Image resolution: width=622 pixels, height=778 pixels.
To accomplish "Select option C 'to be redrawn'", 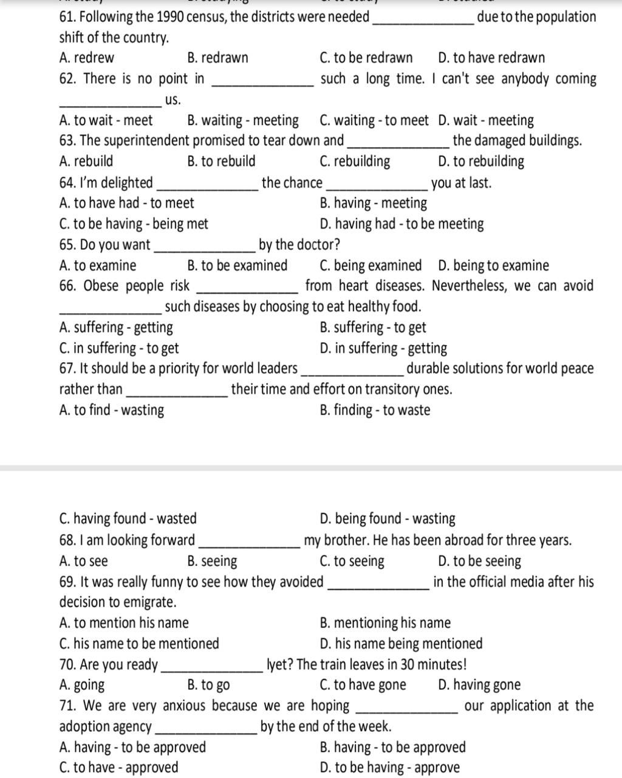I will pyautogui.click(x=366, y=58).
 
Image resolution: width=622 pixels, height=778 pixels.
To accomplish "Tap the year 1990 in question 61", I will pyautogui.click(x=169, y=17).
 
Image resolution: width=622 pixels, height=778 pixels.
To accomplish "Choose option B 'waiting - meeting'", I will pyautogui.click(x=243, y=120).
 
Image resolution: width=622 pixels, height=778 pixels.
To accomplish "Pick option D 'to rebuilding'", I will pyautogui.click(x=480, y=162).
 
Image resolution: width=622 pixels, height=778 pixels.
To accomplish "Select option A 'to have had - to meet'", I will pyautogui.click(x=126, y=203).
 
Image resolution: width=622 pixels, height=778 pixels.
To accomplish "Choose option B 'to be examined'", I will pyautogui.click(x=238, y=266).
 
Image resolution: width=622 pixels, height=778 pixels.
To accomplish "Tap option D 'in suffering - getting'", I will pyautogui.click(x=383, y=348).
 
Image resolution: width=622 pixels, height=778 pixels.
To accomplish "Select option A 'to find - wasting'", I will pyautogui.click(x=112, y=410).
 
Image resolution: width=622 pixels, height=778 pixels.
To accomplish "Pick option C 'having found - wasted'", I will pyautogui.click(x=128, y=519).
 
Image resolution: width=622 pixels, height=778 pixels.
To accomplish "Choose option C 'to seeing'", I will pyautogui.click(x=352, y=561).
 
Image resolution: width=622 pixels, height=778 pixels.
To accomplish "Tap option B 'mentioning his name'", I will pyautogui.click(x=385, y=623).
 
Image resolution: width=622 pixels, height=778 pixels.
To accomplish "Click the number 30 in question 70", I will pyautogui.click(x=409, y=665).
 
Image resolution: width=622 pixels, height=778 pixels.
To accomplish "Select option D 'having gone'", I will pyautogui.click(x=479, y=685).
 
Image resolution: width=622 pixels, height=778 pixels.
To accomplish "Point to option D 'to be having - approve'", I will pyautogui.click(x=389, y=768).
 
